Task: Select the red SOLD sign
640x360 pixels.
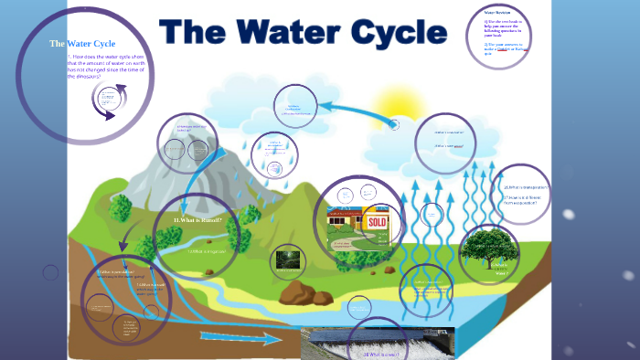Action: (376, 222)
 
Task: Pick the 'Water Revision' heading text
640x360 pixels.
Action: (497, 13)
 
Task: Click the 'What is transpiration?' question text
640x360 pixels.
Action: (526, 186)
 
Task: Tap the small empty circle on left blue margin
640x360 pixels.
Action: (50, 272)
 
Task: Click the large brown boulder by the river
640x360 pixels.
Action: (298, 291)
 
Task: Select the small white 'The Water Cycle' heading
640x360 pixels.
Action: (82, 43)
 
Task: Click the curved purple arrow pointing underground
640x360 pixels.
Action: (125, 242)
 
